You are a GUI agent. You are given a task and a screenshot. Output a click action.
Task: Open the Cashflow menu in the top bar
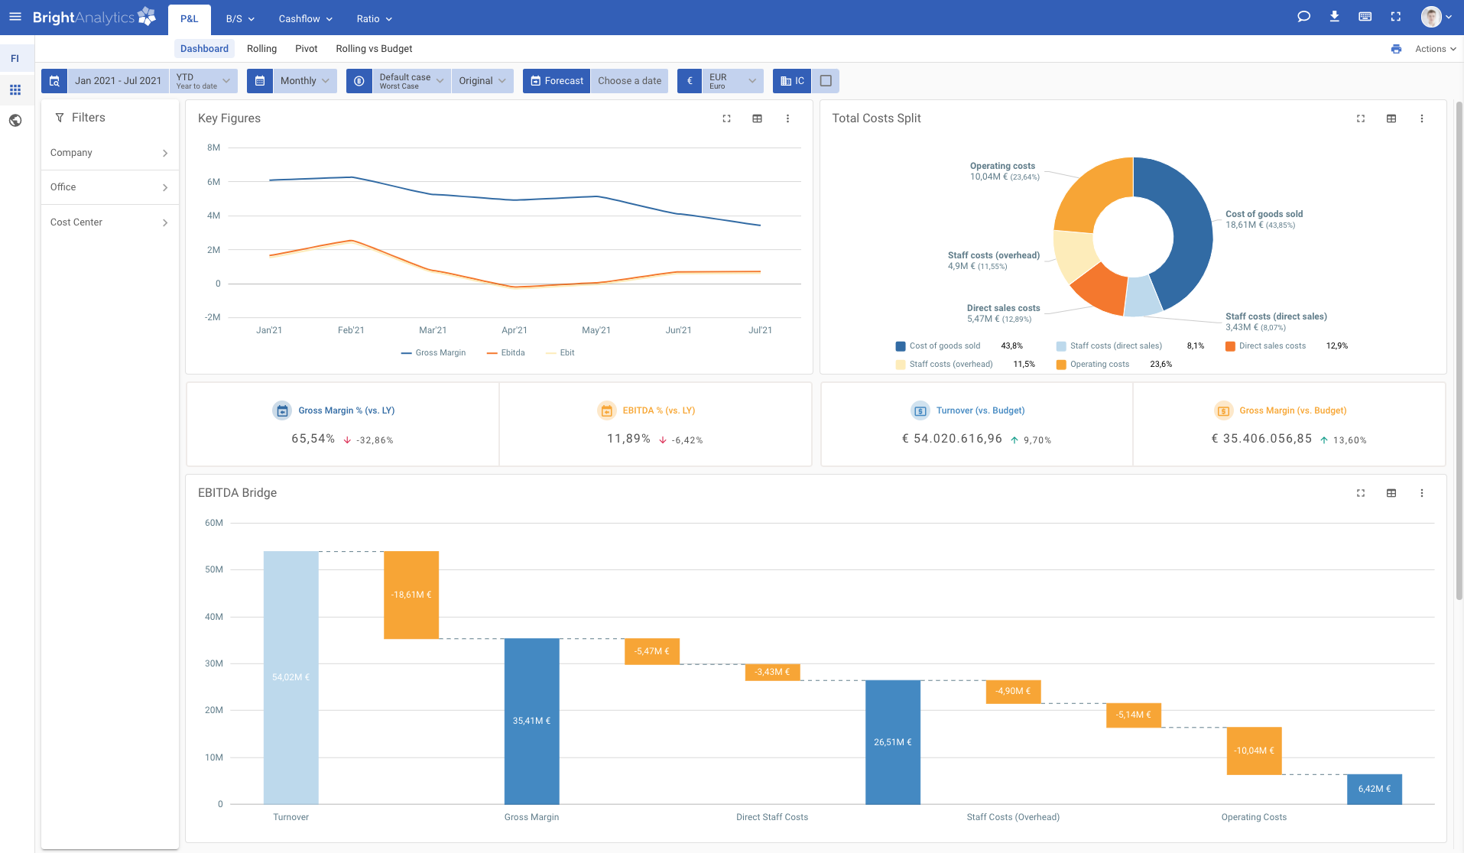305,18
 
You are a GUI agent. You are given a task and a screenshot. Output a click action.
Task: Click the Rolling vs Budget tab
374,49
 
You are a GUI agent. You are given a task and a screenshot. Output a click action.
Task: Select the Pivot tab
306,49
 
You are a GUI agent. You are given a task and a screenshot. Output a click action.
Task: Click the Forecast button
557,81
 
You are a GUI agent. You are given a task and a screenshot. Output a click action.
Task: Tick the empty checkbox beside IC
826,81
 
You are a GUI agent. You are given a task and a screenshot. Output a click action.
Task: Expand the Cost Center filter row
109,222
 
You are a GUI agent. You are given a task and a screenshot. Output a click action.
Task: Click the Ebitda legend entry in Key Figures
506,353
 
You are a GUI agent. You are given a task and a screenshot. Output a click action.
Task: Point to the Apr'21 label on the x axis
515,330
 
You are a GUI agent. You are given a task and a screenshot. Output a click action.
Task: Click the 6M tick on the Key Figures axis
213,182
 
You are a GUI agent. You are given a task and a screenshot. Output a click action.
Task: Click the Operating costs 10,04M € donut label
1004,171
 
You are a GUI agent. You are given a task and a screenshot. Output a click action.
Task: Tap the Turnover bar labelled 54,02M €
291,676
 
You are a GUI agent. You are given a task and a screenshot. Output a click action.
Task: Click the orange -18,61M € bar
411,595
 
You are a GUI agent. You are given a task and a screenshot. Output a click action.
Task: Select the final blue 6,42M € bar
1374,789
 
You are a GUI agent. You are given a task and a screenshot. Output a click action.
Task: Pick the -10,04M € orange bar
1254,751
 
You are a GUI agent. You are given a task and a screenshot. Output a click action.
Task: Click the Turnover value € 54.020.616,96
952,439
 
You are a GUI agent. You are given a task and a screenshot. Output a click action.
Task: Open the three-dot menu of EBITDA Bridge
1422,493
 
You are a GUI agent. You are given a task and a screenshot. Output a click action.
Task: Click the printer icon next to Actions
1396,49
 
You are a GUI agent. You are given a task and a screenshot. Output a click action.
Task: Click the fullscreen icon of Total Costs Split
1361,118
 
